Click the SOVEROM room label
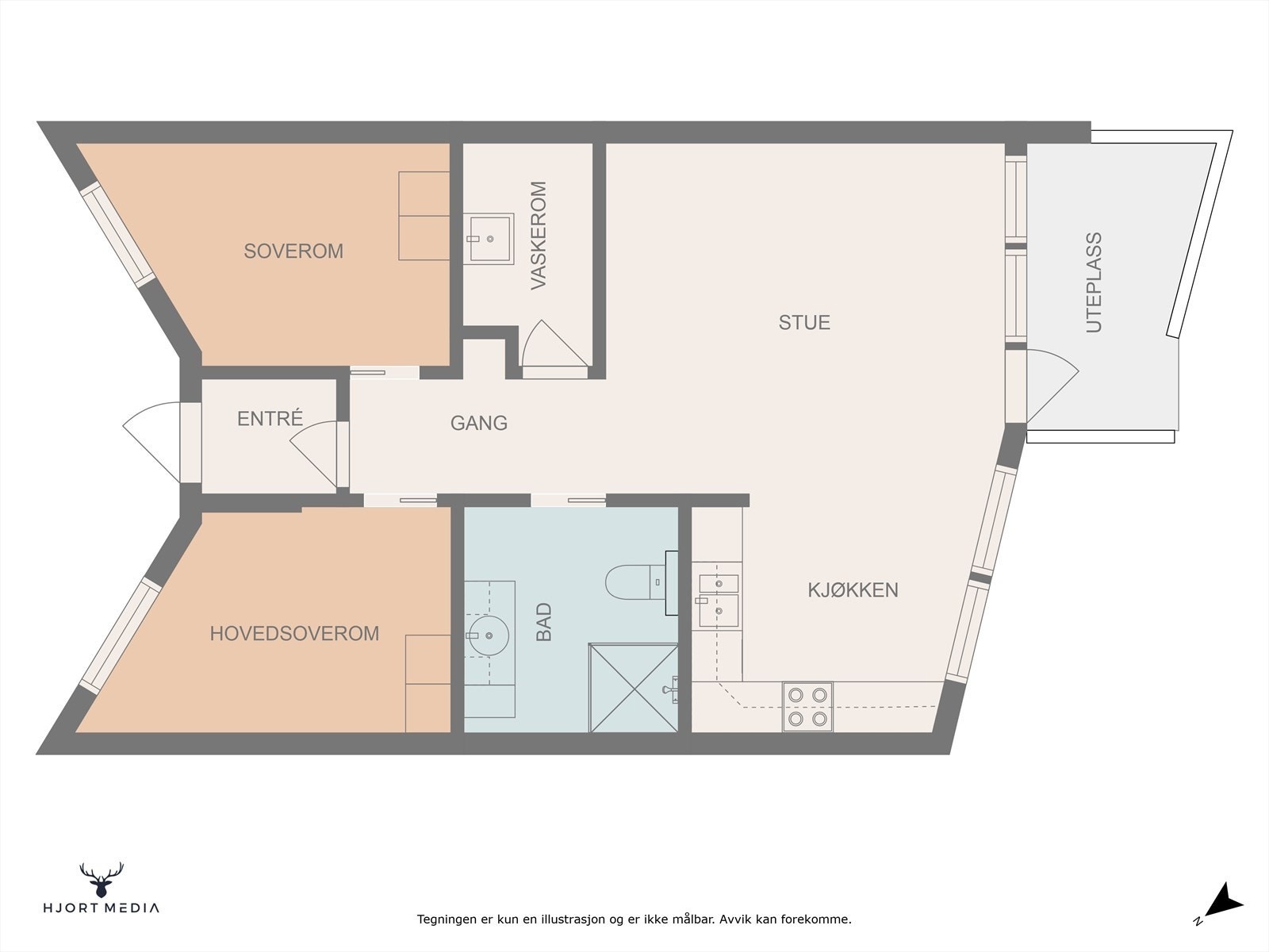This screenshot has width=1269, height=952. pyautogui.click(x=293, y=251)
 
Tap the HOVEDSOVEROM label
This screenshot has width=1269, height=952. pyautogui.click(x=294, y=634)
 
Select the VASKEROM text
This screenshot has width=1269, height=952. pyautogui.click(x=539, y=236)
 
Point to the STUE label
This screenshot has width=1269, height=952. pyautogui.click(x=804, y=323)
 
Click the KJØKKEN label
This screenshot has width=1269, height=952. pyautogui.click(x=853, y=590)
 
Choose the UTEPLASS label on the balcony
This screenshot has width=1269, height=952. pyautogui.click(x=1094, y=282)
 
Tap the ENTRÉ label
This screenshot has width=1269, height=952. pyautogui.click(x=270, y=418)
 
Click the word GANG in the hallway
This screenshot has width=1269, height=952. pyautogui.click(x=479, y=423)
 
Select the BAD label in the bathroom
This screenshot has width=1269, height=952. pyautogui.click(x=544, y=622)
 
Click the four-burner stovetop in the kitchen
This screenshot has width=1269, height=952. pyautogui.click(x=807, y=707)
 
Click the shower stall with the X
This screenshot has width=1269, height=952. pyautogui.click(x=634, y=688)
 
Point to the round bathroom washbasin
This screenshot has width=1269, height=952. pyautogui.click(x=488, y=635)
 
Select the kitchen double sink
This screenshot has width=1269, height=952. pyautogui.click(x=719, y=601)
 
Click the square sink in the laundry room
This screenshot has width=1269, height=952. pyautogui.click(x=489, y=239)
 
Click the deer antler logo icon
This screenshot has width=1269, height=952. pyautogui.click(x=102, y=881)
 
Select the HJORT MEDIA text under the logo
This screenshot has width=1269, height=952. pyautogui.click(x=102, y=908)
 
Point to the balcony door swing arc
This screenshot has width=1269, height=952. pyautogui.click(x=1053, y=386)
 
